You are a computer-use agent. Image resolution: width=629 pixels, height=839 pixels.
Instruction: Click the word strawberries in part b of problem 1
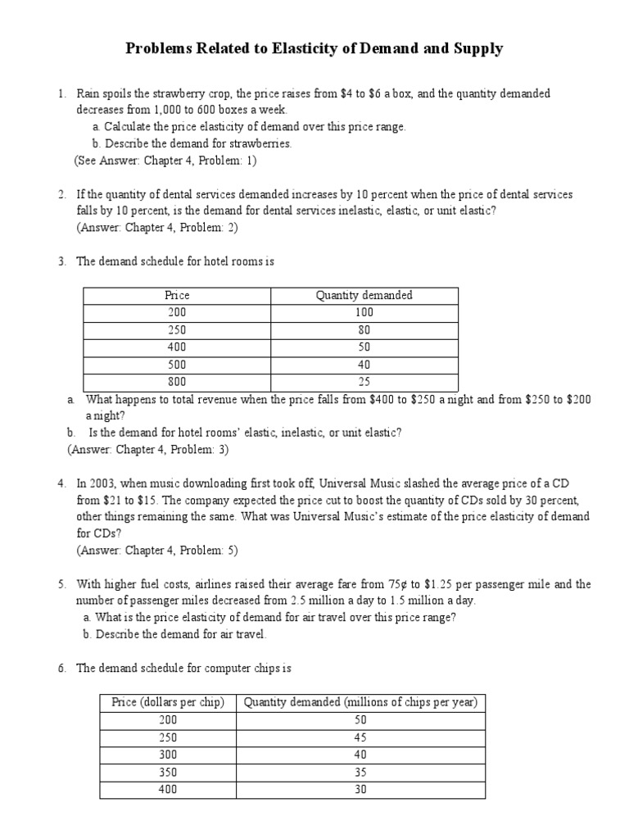261,143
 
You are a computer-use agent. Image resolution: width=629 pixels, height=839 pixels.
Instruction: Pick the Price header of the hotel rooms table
177,295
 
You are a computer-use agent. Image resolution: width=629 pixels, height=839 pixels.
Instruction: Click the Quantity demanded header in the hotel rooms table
364,295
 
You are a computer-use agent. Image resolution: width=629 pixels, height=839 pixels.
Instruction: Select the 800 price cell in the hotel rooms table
177,382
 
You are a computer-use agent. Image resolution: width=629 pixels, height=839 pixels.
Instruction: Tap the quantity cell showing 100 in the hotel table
364,312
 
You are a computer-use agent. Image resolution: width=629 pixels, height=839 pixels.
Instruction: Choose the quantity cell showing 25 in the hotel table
364,382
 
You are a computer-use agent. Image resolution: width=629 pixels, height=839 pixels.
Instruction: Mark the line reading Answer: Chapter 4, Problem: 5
156,551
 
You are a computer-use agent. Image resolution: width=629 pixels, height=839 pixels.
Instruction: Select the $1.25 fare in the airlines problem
453,584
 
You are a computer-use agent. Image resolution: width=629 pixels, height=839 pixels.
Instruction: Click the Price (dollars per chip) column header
168,702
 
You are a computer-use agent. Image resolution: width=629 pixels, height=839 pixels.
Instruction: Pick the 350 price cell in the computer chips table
168,772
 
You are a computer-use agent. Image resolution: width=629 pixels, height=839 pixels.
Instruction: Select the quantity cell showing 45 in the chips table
361,737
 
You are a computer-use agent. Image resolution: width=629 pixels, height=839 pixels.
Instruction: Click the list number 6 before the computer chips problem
61,669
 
